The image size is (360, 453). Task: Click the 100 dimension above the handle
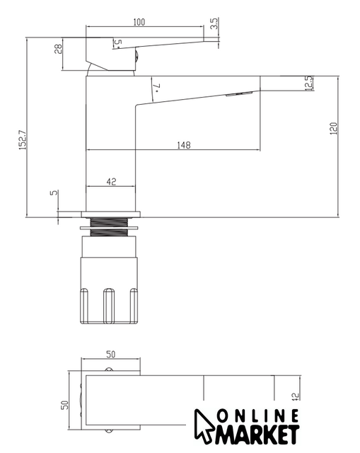tap(139, 22)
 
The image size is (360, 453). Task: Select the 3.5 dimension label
tap(214, 23)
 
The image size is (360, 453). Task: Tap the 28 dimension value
tap(58, 49)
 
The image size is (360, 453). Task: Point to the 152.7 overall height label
tap(23, 140)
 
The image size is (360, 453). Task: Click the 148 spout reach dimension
tap(184, 145)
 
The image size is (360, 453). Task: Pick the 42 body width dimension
tap(111, 182)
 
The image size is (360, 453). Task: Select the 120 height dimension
tap(333, 129)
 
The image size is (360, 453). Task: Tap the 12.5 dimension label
tap(309, 84)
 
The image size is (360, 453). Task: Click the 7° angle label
tap(157, 87)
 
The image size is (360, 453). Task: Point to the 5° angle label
tap(118, 43)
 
